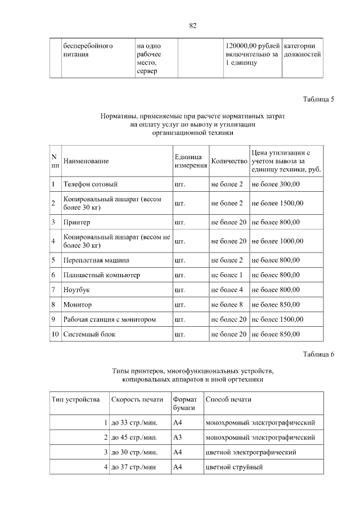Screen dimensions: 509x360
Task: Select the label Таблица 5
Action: [x=318, y=99]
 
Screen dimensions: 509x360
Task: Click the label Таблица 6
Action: [x=318, y=354]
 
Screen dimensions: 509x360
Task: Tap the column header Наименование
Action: [x=86, y=161]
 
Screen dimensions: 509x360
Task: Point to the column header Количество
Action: [x=229, y=161]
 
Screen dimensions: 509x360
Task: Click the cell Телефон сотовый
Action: [x=90, y=184]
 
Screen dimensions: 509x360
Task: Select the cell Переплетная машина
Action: [x=96, y=260]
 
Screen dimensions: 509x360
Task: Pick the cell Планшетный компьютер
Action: [x=101, y=275]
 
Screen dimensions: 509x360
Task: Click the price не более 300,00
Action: [x=276, y=184]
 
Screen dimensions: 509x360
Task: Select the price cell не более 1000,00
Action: [x=277, y=241]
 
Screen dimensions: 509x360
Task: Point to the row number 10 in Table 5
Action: [x=55, y=334]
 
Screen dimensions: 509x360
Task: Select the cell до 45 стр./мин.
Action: [x=134, y=437]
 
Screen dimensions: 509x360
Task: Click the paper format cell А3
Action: [x=177, y=437]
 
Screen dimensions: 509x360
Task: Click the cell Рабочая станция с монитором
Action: [x=109, y=319]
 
